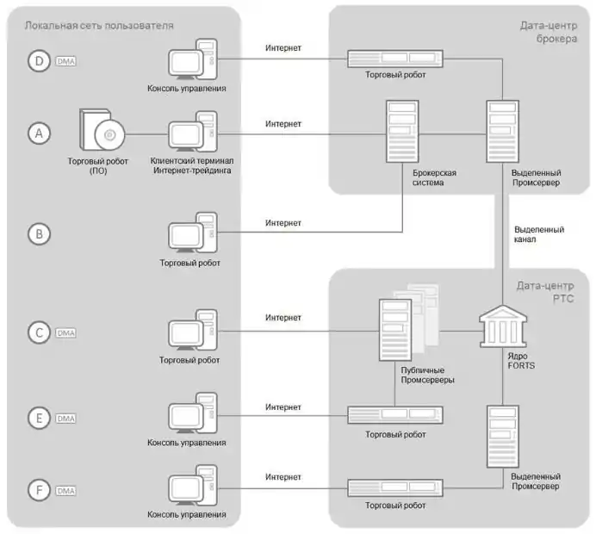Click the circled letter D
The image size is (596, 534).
point(39,61)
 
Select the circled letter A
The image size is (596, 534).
point(39,133)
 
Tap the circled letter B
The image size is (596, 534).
point(39,233)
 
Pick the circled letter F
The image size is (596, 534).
point(39,490)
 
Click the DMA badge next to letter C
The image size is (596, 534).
point(66,332)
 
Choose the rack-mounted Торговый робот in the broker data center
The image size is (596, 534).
point(394,59)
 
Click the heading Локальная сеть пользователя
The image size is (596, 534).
point(99,26)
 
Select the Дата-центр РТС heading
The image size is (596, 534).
point(540,292)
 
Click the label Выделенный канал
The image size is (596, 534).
point(538,235)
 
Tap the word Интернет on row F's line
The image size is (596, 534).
point(283,476)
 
